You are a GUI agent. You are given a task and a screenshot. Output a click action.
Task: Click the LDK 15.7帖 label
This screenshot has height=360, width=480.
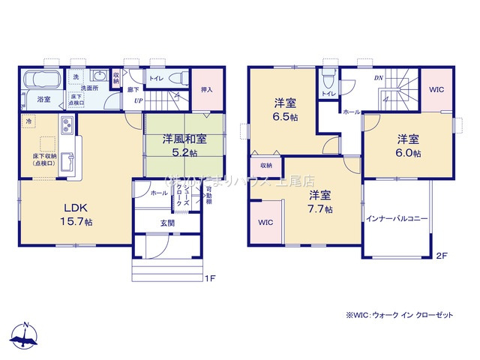pos(78,215)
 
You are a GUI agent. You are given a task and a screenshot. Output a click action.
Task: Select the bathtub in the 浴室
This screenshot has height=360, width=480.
pos(42,79)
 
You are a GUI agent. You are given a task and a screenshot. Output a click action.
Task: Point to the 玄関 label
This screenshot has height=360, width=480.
pos(167,222)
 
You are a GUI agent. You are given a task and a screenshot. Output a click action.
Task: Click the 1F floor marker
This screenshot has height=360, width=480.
pos(211,278)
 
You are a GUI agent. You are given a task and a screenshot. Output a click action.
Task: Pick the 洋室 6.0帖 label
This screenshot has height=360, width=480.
pos(409,145)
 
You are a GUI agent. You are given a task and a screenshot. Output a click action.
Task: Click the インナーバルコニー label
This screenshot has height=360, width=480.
pos(397,219)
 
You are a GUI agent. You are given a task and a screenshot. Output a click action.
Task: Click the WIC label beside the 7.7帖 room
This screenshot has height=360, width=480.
pos(265,223)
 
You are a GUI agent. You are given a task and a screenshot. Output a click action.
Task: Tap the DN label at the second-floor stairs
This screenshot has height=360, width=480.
pos(379,78)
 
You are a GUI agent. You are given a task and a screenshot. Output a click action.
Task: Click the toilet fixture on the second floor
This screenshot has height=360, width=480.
pos(328,78)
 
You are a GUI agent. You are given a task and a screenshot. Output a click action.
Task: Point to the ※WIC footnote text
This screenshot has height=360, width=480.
pos(400,316)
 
